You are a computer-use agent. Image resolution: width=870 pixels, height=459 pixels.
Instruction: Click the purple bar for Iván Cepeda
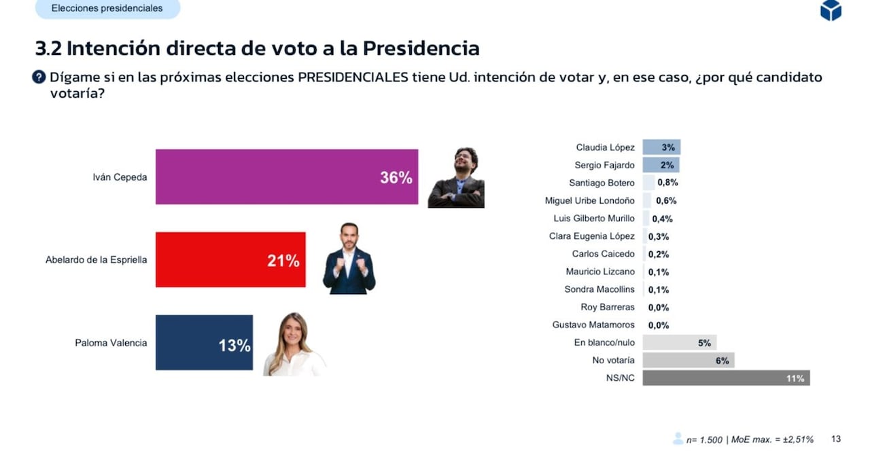pyautogui.click(x=285, y=177)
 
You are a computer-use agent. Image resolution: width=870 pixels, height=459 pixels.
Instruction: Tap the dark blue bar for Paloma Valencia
pyautogui.click(x=203, y=342)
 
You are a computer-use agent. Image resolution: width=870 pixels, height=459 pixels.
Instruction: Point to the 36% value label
pyautogui.click(x=396, y=178)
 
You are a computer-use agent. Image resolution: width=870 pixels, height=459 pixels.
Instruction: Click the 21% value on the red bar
pyautogui.click(x=283, y=261)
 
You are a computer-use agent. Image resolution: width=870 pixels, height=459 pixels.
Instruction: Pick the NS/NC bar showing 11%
pyautogui.click(x=725, y=378)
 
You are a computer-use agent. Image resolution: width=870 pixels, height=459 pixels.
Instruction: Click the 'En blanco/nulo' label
pyautogui.click(x=604, y=343)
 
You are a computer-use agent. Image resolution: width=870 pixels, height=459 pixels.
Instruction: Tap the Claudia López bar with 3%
pyautogui.click(x=661, y=147)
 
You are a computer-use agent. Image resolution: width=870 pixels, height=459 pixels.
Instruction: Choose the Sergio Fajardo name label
pyautogui.click(x=604, y=165)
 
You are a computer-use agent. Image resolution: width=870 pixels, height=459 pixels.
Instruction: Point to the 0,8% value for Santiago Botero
pyautogui.click(x=667, y=183)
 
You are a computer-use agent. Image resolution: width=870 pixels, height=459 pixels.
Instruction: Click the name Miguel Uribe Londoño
pyautogui.click(x=589, y=200)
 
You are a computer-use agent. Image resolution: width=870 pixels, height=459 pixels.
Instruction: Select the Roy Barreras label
pyautogui.click(x=607, y=308)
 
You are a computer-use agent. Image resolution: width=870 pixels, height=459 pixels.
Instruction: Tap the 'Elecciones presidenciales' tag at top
pyautogui.click(x=107, y=9)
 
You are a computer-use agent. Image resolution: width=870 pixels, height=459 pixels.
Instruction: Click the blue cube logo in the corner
pyautogui.click(x=831, y=10)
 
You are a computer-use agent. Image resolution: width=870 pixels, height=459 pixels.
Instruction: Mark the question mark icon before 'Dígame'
pyautogui.click(x=39, y=77)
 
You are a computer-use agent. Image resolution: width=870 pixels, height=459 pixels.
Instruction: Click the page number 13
pyautogui.click(x=836, y=439)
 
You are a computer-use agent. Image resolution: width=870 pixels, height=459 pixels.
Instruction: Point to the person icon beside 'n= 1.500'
pyautogui.click(x=678, y=439)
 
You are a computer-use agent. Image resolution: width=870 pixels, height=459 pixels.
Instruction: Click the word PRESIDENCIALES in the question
pyautogui.click(x=353, y=77)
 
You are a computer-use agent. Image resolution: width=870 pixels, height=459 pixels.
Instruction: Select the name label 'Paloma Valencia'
pyautogui.click(x=111, y=343)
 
